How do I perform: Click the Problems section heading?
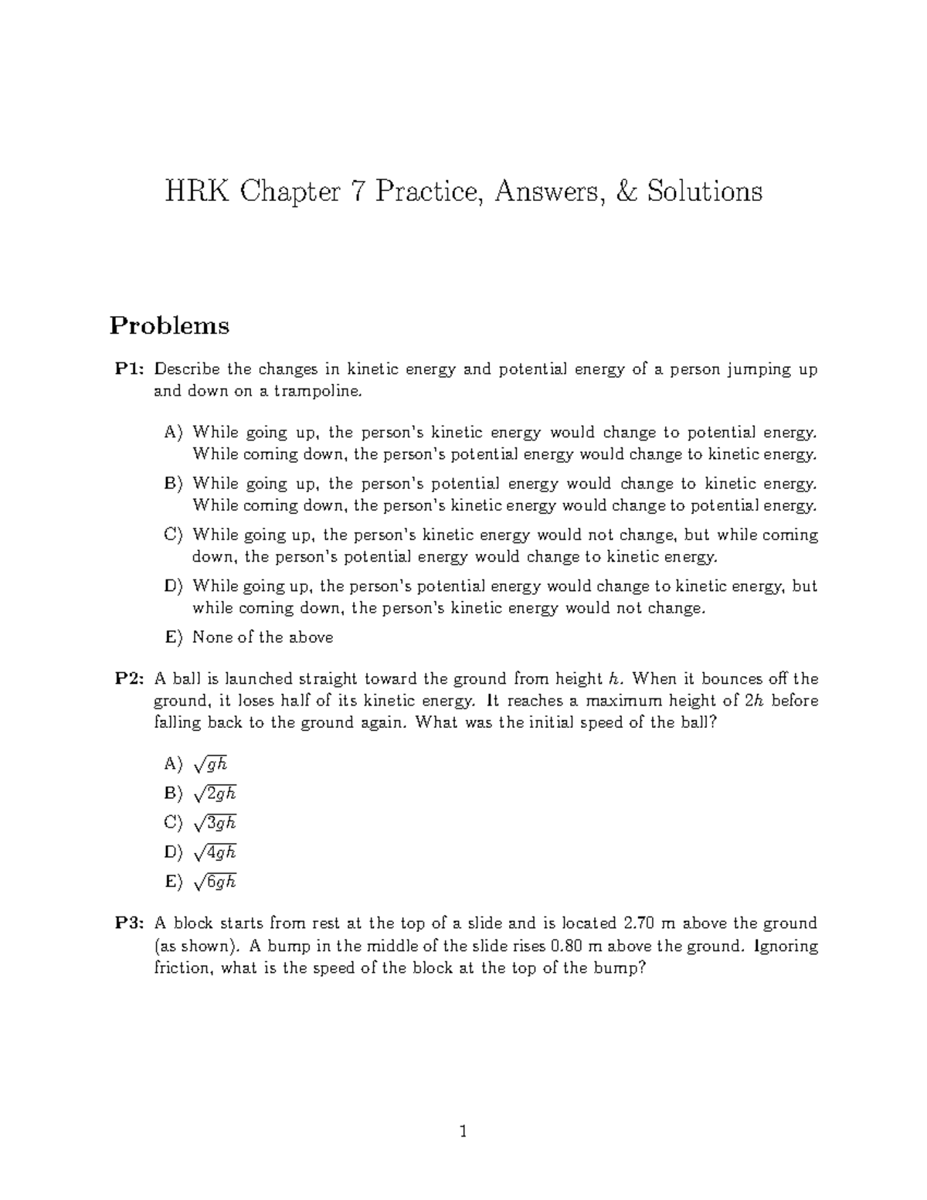tap(169, 325)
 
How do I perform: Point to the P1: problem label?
tap(130, 369)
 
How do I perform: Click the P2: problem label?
tap(130, 679)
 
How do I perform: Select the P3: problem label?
tap(130, 923)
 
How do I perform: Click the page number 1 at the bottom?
tap(463, 1133)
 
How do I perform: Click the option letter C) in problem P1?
tap(174, 535)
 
